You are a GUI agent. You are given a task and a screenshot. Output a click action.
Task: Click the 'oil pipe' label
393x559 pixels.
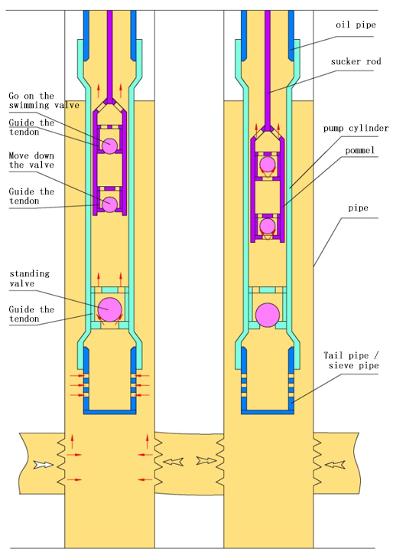coord(356,25)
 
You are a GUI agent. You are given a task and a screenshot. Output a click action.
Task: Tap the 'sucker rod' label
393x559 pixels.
coord(356,62)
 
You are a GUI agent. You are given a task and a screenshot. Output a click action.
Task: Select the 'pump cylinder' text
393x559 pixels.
coord(356,129)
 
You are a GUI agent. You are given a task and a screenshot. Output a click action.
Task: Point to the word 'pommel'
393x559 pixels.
coord(360,150)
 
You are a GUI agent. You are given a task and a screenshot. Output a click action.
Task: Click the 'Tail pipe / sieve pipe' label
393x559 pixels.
coord(352,361)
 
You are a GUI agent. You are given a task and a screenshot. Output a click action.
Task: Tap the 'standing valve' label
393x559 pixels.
coord(30,279)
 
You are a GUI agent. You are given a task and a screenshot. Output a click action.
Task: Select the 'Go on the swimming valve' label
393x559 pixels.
coord(44,100)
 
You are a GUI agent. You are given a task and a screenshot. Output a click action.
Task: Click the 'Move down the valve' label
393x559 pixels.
coord(31,161)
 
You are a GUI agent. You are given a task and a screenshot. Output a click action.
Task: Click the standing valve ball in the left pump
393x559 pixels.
coord(109,309)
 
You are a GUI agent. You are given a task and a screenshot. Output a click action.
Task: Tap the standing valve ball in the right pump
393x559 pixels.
coord(268,315)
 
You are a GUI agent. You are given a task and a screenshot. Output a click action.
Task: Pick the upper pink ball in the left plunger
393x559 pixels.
coord(109,145)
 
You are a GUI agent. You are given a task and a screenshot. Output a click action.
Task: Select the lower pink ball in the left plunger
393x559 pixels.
coord(109,204)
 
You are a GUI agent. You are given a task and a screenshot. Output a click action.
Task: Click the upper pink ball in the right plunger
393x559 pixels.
coord(268,165)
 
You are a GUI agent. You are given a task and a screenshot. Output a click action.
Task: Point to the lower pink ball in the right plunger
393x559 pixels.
coord(268,226)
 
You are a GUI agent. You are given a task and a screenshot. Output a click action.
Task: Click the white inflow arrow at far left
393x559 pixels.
coord(44,465)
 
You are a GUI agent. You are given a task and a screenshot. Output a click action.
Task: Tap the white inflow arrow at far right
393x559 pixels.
coord(335,465)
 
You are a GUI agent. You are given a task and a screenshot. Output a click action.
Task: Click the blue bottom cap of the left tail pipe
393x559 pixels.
coord(109,412)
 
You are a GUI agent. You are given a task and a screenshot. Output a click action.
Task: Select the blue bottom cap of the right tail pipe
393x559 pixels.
coord(268,412)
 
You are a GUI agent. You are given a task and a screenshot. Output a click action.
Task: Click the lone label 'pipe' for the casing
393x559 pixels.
coord(358,208)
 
